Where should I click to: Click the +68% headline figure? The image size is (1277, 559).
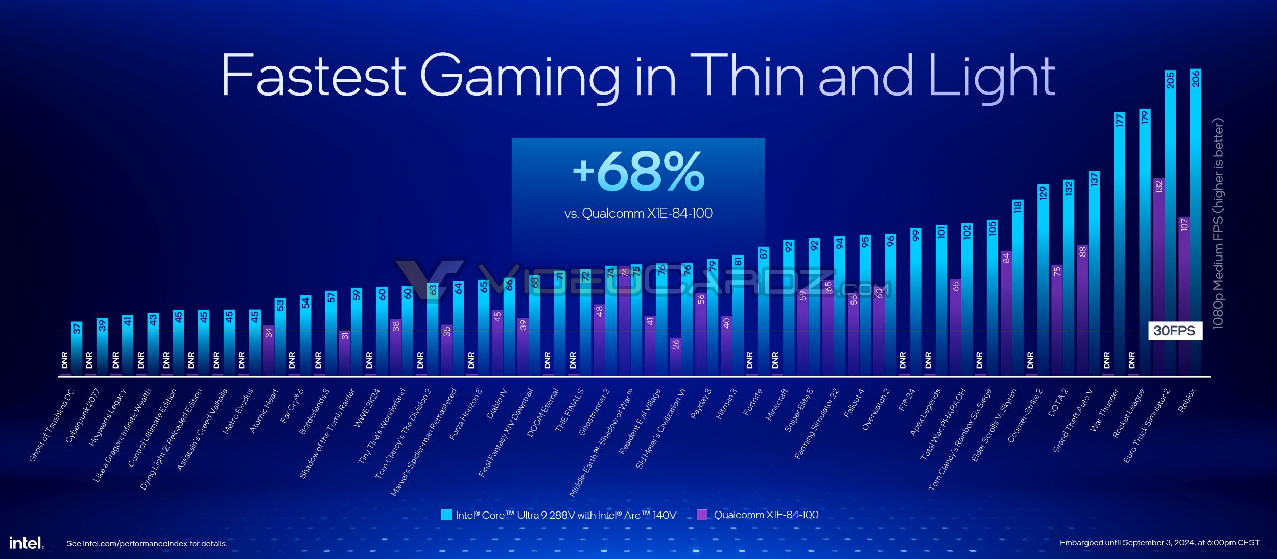(x=638, y=172)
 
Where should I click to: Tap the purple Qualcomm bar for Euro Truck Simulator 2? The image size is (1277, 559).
(x=1158, y=276)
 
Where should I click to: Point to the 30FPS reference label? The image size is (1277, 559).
(x=1174, y=331)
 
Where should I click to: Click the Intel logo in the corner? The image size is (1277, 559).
(x=26, y=543)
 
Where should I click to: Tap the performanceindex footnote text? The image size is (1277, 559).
(x=147, y=544)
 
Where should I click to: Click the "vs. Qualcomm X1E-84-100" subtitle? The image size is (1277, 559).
(x=638, y=214)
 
